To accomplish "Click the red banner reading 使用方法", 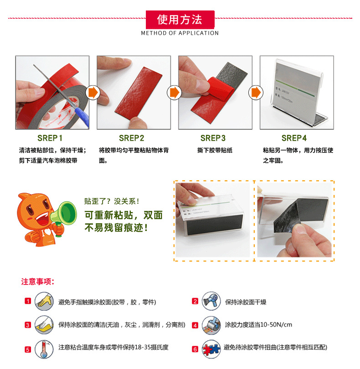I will tap(180, 20).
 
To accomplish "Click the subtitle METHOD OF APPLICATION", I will tap(180, 33).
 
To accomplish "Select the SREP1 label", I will tap(50, 138).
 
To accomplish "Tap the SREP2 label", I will tap(132, 138).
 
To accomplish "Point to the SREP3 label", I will tap(213, 138).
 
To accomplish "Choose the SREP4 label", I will tap(294, 138).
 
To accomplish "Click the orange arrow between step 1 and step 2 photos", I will tap(93, 92).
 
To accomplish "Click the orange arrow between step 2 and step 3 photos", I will tap(174, 92).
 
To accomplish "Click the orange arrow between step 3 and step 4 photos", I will tap(256, 92).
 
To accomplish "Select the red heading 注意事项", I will tap(38, 282).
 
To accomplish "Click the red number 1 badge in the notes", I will tap(28, 302).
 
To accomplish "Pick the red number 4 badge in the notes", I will tap(195, 325).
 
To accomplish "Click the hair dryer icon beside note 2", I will tap(211, 301).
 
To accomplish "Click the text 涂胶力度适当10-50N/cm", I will tap(258, 325).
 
